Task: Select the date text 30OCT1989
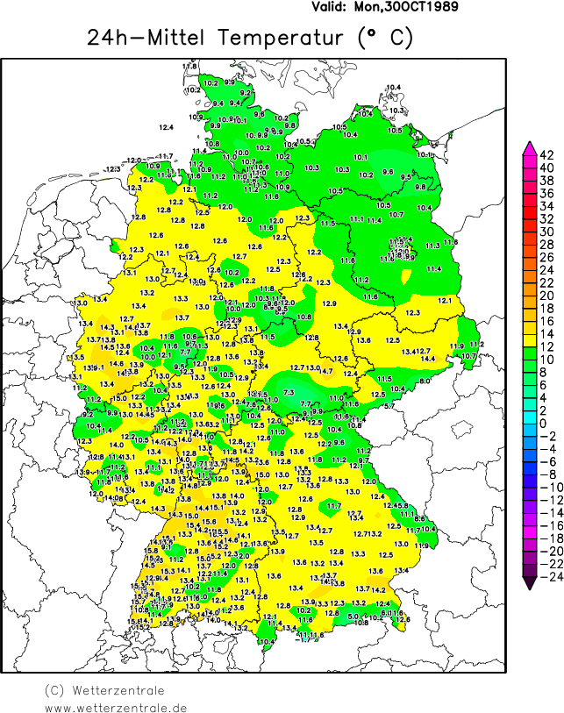pyautogui.click(x=420, y=7)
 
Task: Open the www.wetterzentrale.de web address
pyautogui.click(x=116, y=707)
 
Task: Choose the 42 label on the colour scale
pyautogui.click(x=546, y=154)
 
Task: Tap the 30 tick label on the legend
pyautogui.click(x=546, y=232)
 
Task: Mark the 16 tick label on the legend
pyautogui.click(x=546, y=321)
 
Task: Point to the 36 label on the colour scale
pyautogui.click(x=546, y=193)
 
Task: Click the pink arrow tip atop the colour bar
pyautogui.click(x=529, y=146)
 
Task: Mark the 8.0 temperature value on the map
pyautogui.click(x=425, y=381)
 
